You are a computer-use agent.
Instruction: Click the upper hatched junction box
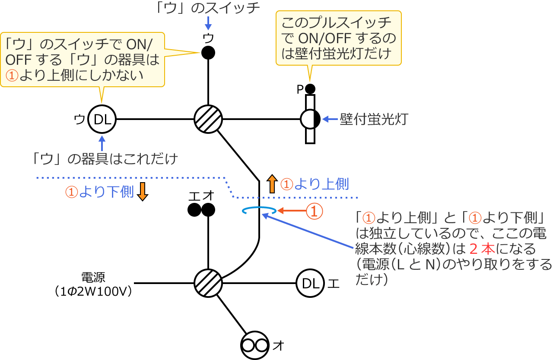tap(208, 119)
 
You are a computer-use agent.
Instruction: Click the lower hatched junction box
tap(208, 283)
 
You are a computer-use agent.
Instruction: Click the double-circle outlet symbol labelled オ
tap(255, 345)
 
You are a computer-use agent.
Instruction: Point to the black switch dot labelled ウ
tap(208, 53)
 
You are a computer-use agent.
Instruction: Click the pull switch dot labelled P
tap(310, 89)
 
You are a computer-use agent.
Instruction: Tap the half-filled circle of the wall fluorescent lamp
tap(310, 119)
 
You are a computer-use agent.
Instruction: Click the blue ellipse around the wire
tap(259, 211)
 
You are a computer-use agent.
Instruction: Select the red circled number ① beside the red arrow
tap(315, 211)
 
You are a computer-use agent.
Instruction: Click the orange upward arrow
tap(272, 184)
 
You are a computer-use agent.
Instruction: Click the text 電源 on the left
tap(93, 277)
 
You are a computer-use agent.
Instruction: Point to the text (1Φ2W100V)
tap(93, 292)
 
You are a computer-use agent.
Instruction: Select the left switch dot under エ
tap(194, 210)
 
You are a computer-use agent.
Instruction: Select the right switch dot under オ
tap(208, 210)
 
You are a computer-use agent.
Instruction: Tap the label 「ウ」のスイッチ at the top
tap(208, 8)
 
